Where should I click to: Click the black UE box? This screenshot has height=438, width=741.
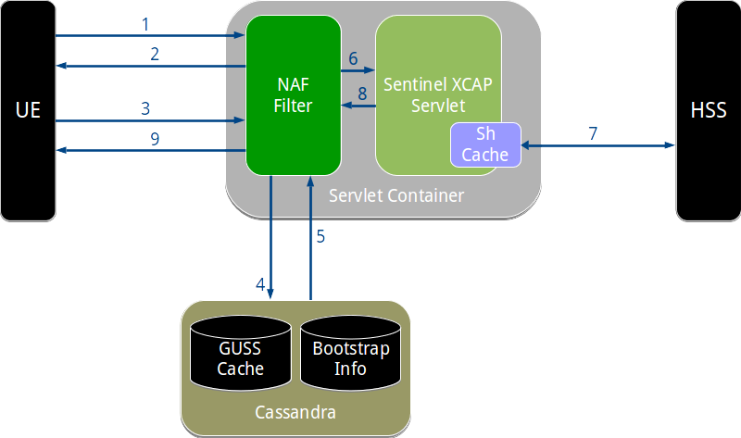(x=28, y=110)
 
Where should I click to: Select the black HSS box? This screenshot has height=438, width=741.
(x=708, y=110)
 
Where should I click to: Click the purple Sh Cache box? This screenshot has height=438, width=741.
(x=485, y=144)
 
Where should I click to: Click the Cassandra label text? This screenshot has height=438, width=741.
(x=295, y=411)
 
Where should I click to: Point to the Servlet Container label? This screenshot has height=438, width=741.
(x=396, y=195)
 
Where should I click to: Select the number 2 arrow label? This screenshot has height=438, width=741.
(x=156, y=53)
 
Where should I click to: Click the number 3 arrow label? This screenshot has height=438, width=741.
(x=145, y=107)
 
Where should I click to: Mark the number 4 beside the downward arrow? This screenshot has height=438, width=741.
(x=260, y=283)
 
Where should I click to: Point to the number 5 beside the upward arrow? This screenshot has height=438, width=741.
(x=320, y=236)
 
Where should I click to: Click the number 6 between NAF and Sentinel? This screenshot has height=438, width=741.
(x=353, y=57)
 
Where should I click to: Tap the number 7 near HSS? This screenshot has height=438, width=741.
(x=593, y=132)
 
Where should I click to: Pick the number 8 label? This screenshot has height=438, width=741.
(x=362, y=93)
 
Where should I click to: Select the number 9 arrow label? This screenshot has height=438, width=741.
(x=156, y=138)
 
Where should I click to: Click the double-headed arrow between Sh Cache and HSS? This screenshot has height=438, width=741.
(x=598, y=145)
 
